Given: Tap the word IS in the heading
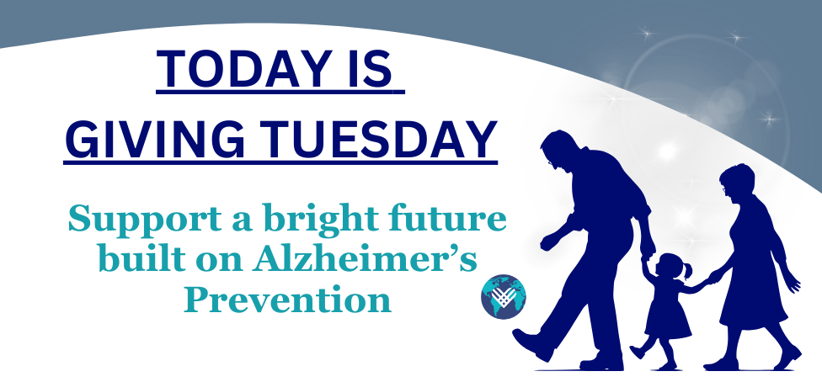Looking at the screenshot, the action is coord(370,69).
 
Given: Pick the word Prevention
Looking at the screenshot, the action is coord(287,300).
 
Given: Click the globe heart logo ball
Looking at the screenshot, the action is coord(503,296).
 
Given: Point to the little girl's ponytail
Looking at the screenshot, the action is coord(687,270).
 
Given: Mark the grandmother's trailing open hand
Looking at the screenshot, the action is coord(793,283).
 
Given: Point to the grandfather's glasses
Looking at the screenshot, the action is coord(550,162).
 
